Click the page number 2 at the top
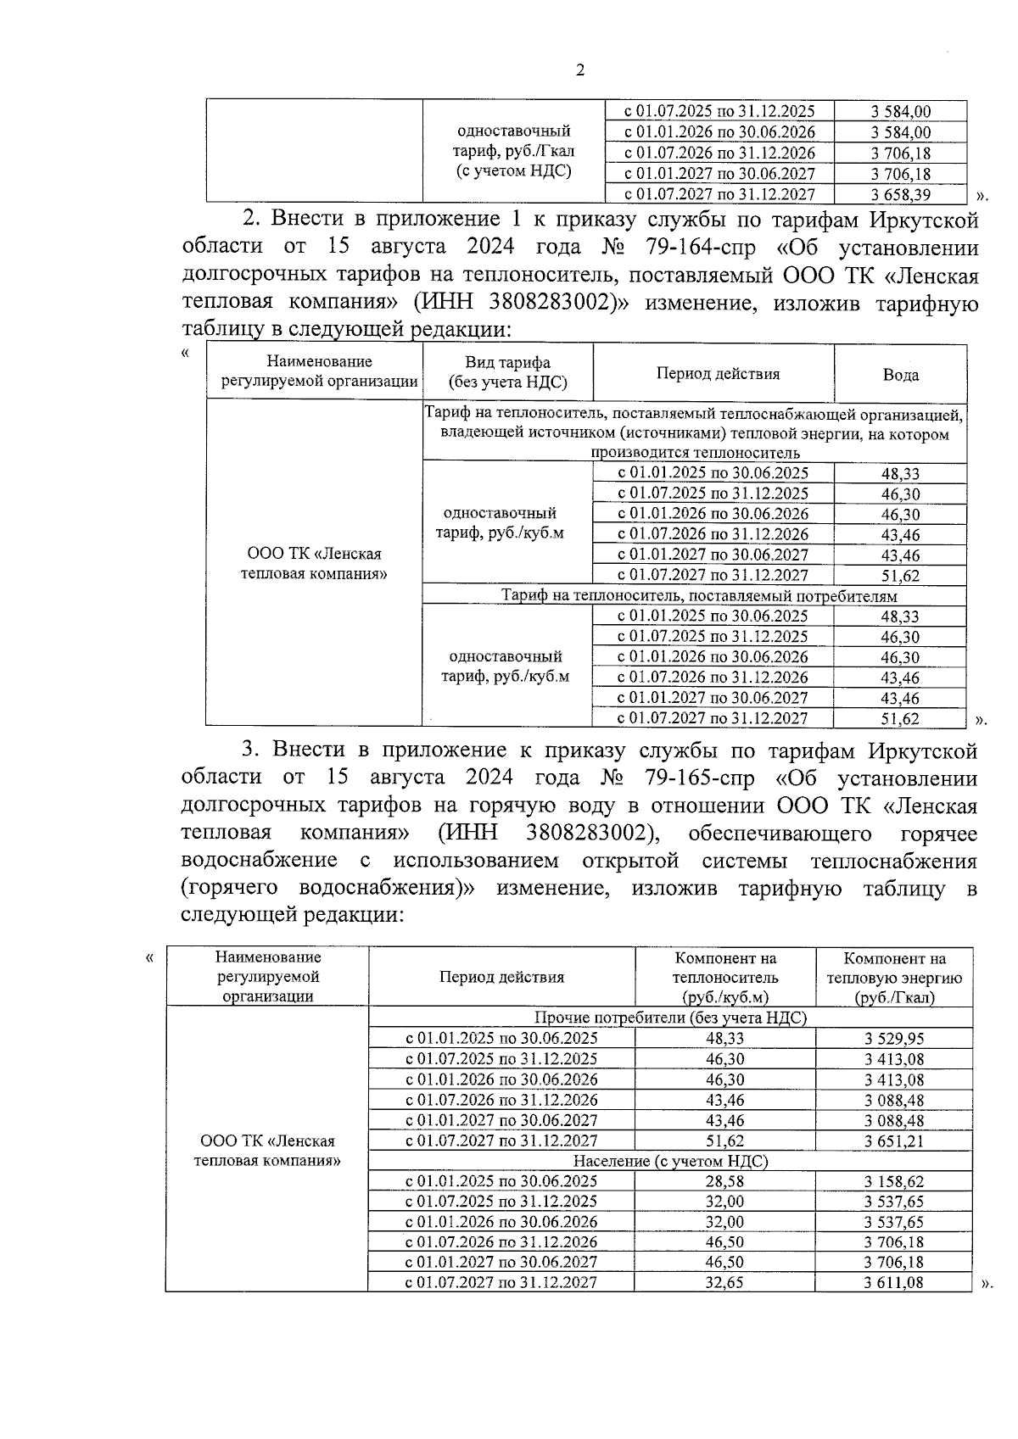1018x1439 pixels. [x=580, y=70]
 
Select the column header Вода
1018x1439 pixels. [x=900, y=374]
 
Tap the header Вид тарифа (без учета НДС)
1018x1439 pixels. [x=507, y=373]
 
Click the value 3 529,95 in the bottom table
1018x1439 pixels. [x=894, y=1039]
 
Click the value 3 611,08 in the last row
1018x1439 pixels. [x=894, y=1283]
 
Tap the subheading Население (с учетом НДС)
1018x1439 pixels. [x=670, y=1161]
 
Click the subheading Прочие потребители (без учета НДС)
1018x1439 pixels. [x=670, y=1018]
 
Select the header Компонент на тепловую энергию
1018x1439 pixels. [x=894, y=977]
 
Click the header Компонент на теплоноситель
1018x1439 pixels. [x=724, y=977]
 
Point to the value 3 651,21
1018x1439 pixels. [x=894, y=1141]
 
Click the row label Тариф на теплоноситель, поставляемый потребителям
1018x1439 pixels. [x=693, y=596]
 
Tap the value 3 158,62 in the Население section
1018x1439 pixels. [x=894, y=1181]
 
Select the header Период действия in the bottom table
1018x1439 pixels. [x=501, y=977]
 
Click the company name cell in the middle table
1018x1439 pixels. [x=314, y=564]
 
